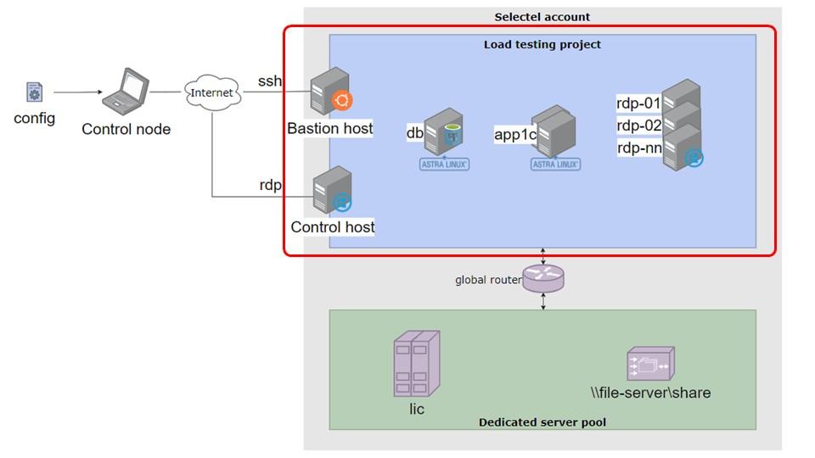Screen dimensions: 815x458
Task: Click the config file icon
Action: coord(34,92)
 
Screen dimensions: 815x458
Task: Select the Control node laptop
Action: coord(126,92)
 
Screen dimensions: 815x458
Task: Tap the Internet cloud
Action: coord(212,92)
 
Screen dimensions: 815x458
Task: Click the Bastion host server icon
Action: coord(330,92)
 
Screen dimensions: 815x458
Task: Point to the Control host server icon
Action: coord(332,189)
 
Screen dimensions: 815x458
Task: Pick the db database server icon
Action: coord(443,131)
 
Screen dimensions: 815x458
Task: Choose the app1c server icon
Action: coord(555,131)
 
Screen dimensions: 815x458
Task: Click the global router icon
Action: coord(543,278)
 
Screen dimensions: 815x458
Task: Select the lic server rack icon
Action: coord(416,364)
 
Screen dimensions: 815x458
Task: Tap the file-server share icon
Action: coord(651,364)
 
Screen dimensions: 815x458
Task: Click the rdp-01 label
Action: coord(638,103)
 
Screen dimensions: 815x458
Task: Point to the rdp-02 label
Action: coord(638,126)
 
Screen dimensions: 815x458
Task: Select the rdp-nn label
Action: coord(639,148)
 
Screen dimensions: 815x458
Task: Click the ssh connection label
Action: coord(270,81)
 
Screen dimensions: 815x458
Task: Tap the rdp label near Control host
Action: coord(270,185)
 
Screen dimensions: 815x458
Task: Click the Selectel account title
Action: coord(542,17)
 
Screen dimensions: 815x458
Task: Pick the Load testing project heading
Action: coord(542,45)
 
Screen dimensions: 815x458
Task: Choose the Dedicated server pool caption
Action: coord(542,422)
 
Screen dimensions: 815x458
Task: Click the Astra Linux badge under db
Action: coord(444,164)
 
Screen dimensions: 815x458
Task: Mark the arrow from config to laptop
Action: coord(78,92)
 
